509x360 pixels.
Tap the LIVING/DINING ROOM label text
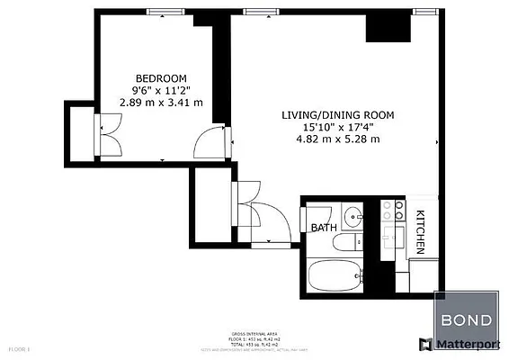click(x=337, y=115)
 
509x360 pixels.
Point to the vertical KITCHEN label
click(x=419, y=231)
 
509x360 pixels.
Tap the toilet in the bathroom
click(x=345, y=243)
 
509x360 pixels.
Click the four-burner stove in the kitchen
click(x=392, y=211)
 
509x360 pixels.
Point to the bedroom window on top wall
click(x=161, y=11)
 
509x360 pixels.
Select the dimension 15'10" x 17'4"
click(x=337, y=127)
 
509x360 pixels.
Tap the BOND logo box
click(x=466, y=318)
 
